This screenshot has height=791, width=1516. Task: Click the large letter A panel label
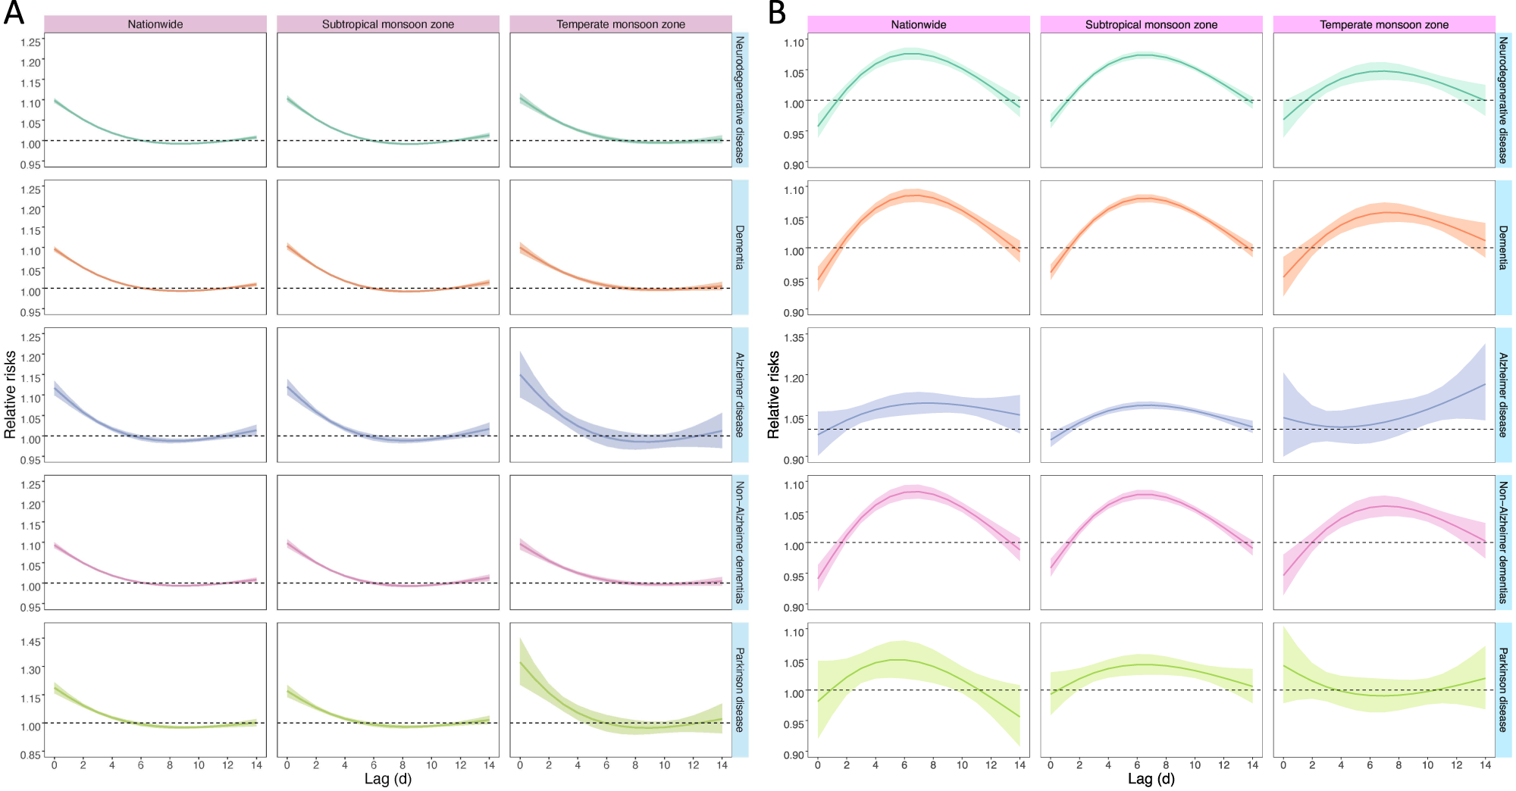pyautogui.click(x=14, y=13)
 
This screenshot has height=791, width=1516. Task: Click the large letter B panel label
pyautogui.click(x=777, y=13)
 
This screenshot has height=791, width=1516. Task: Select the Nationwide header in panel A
pyautogui.click(x=155, y=24)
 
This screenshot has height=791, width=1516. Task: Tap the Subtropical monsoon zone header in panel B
pyautogui.click(x=1151, y=24)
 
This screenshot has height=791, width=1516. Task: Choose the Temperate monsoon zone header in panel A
pyautogui.click(x=620, y=24)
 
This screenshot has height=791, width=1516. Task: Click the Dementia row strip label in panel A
pyautogui.click(x=740, y=247)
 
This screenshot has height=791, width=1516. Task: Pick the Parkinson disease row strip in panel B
pyautogui.click(x=1503, y=689)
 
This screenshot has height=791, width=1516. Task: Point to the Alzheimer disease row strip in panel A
pyautogui.click(x=740, y=395)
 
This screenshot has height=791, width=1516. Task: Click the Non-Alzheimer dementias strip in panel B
pyautogui.click(x=1503, y=542)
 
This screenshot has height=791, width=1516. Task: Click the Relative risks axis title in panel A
pyautogui.click(x=10, y=395)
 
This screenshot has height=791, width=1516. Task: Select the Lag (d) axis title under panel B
pyautogui.click(x=1151, y=779)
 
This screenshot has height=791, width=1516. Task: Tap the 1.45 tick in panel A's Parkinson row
pyautogui.click(x=30, y=642)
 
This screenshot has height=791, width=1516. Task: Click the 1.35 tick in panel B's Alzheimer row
pyautogui.click(x=794, y=338)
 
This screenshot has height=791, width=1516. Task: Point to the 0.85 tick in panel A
pyautogui.click(x=30, y=755)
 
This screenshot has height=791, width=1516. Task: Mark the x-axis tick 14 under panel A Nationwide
pyautogui.click(x=256, y=765)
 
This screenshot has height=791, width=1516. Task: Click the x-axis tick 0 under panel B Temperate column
pyautogui.click(x=1283, y=765)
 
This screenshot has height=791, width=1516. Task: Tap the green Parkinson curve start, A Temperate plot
pyautogui.click(x=521, y=663)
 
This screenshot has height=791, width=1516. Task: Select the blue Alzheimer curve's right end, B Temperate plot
pyautogui.click(x=1484, y=385)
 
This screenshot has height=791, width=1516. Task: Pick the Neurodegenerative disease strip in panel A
pyautogui.click(x=740, y=99)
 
